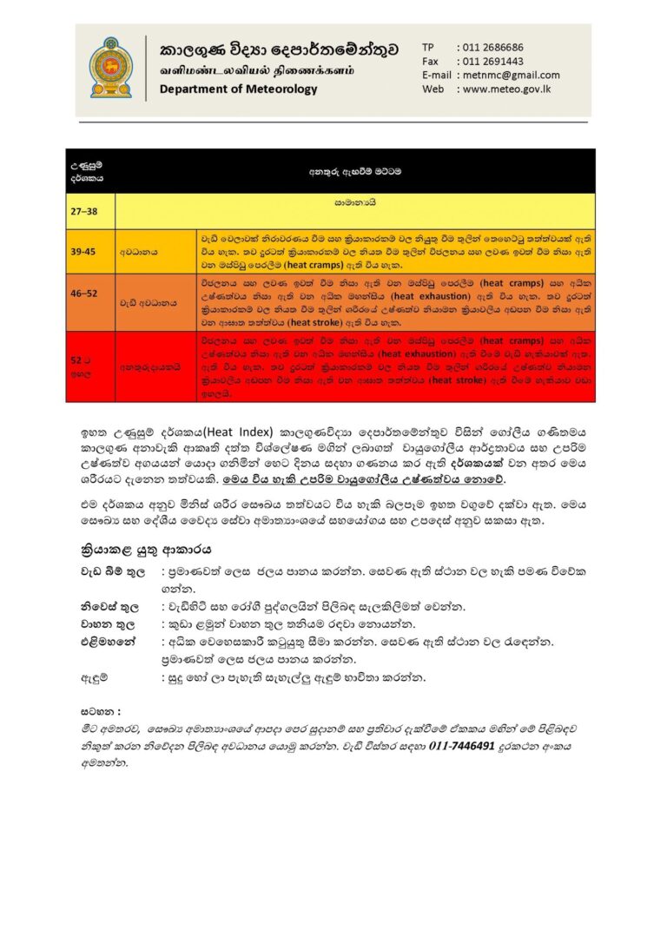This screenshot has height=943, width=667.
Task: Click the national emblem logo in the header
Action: pyautogui.click(x=111, y=67)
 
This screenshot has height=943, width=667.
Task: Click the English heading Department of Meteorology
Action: pyautogui.click(x=239, y=89)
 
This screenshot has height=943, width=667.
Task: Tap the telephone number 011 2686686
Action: pyautogui.click(x=492, y=47)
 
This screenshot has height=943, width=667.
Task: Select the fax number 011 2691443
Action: pyautogui.click(x=492, y=61)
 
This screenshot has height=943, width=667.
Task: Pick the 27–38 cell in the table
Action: pyautogui.click(x=84, y=210)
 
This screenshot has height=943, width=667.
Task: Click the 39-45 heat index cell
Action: pyautogui.click(x=84, y=251)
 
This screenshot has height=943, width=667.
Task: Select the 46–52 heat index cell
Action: pyautogui.click(x=85, y=294)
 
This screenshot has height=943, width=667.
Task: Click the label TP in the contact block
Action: pyautogui.click(x=428, y=47)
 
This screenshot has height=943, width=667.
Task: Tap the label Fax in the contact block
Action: pyautogui.click(x=431, y=61)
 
